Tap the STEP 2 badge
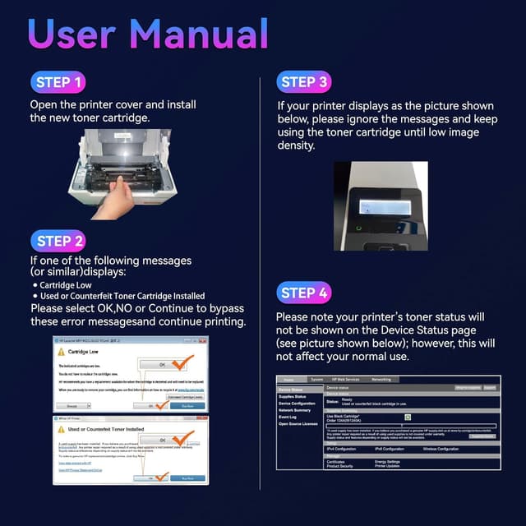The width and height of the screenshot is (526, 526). pyautogui.click(x=60, y=242)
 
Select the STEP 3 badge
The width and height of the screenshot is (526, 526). pyautogui.click(x=305, y=82)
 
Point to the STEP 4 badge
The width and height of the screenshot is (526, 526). pyautogui.click(x=305, y=293)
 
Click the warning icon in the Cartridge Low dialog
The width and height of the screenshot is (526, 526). pyautogui.click(x=61, y=350)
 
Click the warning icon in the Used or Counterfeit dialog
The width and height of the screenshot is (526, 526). pyautogui.click(x=61, y=427)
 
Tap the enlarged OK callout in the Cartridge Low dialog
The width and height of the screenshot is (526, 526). pyautogui.click(x=162, y=363)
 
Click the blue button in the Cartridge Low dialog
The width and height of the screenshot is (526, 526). pyautogui.click(x=187, y=405)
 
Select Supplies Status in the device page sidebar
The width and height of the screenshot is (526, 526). pyautogui.click(x=295, y=397)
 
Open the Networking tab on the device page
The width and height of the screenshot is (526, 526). pyautogui.click(x=381, y=380)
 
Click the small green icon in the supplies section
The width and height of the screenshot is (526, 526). pyautogui.click(x=406, y=417)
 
